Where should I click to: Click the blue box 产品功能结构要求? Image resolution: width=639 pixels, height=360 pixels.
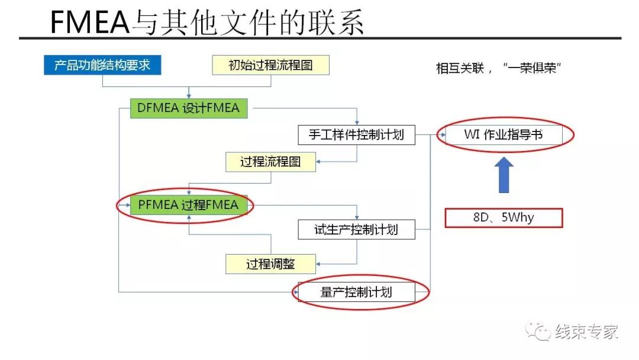point(102,65)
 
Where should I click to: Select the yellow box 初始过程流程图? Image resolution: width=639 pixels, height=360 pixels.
point(270,65)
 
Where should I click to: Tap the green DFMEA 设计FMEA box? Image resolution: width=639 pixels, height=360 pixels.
point(189,108)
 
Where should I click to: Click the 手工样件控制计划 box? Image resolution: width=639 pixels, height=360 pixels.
point(356,134)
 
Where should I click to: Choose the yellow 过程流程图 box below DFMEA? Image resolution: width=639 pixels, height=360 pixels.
point(270,162)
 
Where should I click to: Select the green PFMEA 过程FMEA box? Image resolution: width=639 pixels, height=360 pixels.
point(188,205)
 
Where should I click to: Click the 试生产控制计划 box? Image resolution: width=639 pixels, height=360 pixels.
point(356,229)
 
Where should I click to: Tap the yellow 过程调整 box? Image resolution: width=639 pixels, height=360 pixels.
point(270,264)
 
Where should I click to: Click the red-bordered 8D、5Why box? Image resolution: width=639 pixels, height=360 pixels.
point(503,218)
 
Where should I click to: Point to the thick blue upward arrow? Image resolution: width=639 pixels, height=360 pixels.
point(504,175)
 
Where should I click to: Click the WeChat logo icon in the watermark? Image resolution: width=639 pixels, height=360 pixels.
point(538,331)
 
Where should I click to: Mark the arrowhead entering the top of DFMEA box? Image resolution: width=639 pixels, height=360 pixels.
point(189,96)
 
